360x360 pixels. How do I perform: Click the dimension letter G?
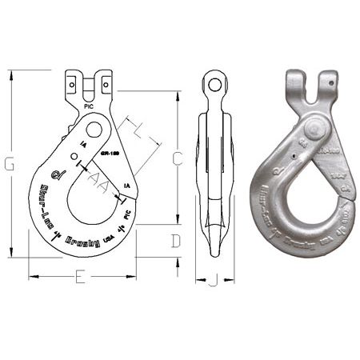pos(9,164)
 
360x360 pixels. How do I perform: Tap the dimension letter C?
pos(177,158)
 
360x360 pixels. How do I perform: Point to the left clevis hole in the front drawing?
pos(73,82)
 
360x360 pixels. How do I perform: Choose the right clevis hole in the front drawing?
pos(104,82)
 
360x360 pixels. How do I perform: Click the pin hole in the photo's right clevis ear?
pos(329,81)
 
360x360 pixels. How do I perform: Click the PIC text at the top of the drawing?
pos(87,104)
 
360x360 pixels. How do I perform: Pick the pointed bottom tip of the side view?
pos(214,255)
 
